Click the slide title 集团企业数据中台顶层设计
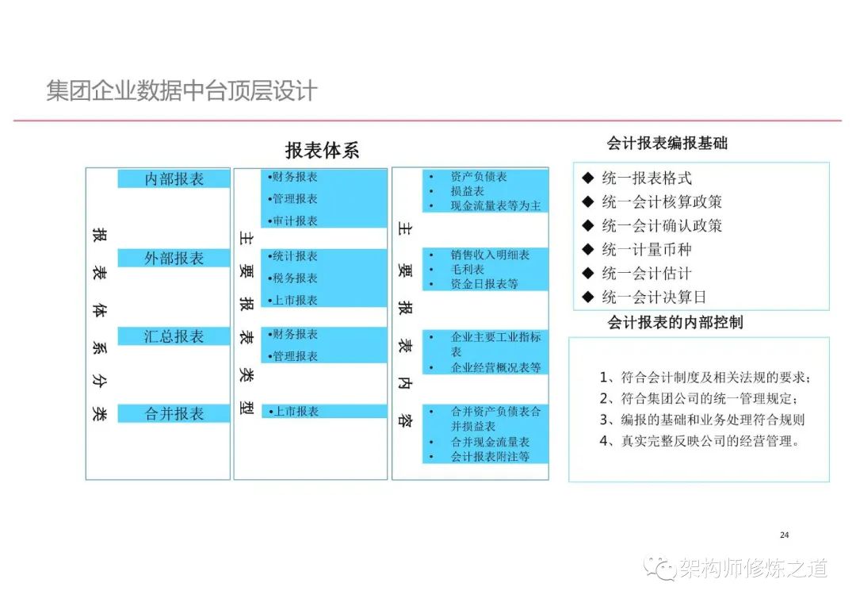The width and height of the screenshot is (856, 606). [182, 90]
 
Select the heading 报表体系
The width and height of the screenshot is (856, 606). [322, 150]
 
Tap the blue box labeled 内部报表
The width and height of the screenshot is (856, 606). [174, 178]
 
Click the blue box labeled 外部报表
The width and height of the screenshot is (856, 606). [174, 258]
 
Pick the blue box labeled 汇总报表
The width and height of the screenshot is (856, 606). [174, 336]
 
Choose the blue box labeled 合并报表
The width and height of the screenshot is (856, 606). [174, 414]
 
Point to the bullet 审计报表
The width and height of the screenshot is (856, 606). [292, 221]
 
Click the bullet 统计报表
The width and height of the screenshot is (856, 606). [292, 256]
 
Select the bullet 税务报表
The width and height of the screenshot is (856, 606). [292, 278]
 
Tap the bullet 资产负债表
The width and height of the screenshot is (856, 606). [479, 177]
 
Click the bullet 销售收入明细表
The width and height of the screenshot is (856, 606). [491, 255]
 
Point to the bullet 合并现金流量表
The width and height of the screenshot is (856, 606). [491, 442]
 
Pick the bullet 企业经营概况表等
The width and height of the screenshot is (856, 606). [495, 367]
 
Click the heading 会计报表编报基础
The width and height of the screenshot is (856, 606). [667, 143]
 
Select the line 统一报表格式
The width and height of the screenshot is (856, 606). [647, 178]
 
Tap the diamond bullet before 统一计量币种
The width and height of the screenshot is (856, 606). [588, 249]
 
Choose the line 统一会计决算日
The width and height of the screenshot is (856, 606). [654, 297]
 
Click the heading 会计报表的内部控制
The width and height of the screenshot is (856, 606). [675, 322]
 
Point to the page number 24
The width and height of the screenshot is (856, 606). [785, 535]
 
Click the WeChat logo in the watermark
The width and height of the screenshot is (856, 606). [659, 568]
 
